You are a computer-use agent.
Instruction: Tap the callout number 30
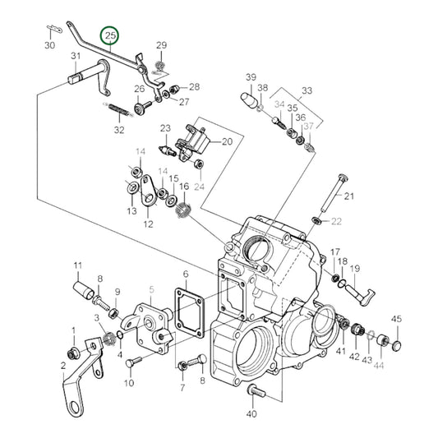49,45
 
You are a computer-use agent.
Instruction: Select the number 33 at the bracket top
307,91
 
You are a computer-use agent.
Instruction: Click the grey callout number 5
151,289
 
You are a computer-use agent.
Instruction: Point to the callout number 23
165,128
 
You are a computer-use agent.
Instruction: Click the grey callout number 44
379,358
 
